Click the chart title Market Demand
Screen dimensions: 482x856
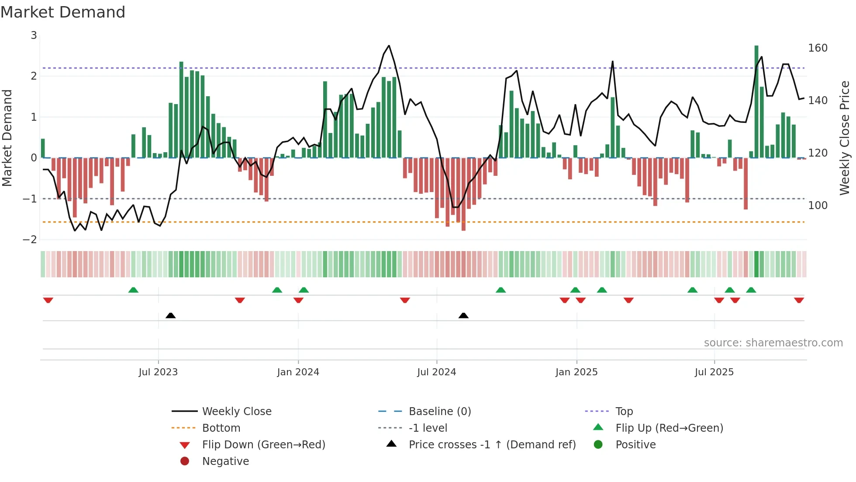(63, 12)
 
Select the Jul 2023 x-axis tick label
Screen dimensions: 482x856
(158, 372)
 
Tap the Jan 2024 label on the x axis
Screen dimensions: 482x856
(298, 372)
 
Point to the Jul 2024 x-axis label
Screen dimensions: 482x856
(436, 372)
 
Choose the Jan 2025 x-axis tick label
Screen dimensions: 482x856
(576, 372)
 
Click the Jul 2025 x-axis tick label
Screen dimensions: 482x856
(714, 372)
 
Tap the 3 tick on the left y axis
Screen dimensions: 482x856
(34, 35)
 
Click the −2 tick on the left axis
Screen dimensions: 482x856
(30, 240)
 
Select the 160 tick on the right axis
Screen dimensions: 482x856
(818, 48)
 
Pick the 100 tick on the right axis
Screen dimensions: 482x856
(818, 206)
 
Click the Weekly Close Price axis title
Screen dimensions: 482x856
(845, 138)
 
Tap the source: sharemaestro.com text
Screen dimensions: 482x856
(773, 343)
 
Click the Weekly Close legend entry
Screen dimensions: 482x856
(236, 412)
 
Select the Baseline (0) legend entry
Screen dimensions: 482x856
(439, 412)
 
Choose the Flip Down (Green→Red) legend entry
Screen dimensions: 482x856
(263, 445)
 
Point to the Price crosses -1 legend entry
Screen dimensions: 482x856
(492, 445)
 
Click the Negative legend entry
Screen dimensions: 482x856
(225, 461)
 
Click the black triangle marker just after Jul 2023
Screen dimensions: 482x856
(171, 316)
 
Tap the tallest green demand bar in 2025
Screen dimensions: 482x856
(756, 101)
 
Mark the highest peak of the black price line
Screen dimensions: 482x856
(389, 45)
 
